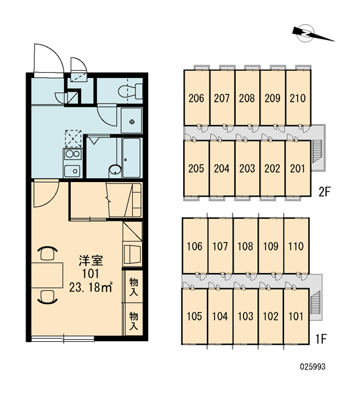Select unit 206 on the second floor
pos(196,98)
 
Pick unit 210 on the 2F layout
pos(298,98)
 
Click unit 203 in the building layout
pos(247,168)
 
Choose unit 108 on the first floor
pos(245,246)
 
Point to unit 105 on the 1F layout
pos(194,316)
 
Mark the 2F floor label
pos(325,192)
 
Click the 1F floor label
pos(321,339)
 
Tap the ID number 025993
pos(313,367)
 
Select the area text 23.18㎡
pos(90,288)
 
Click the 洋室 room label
pos(91,261)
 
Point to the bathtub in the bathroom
pos(132,158)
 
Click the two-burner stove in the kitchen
pos(73,155)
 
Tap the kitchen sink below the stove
pos(73,171)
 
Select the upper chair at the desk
pos(47,253)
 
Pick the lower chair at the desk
pos(47,297)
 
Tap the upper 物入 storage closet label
pos(134,286)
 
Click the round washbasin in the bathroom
pos(115,170)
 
